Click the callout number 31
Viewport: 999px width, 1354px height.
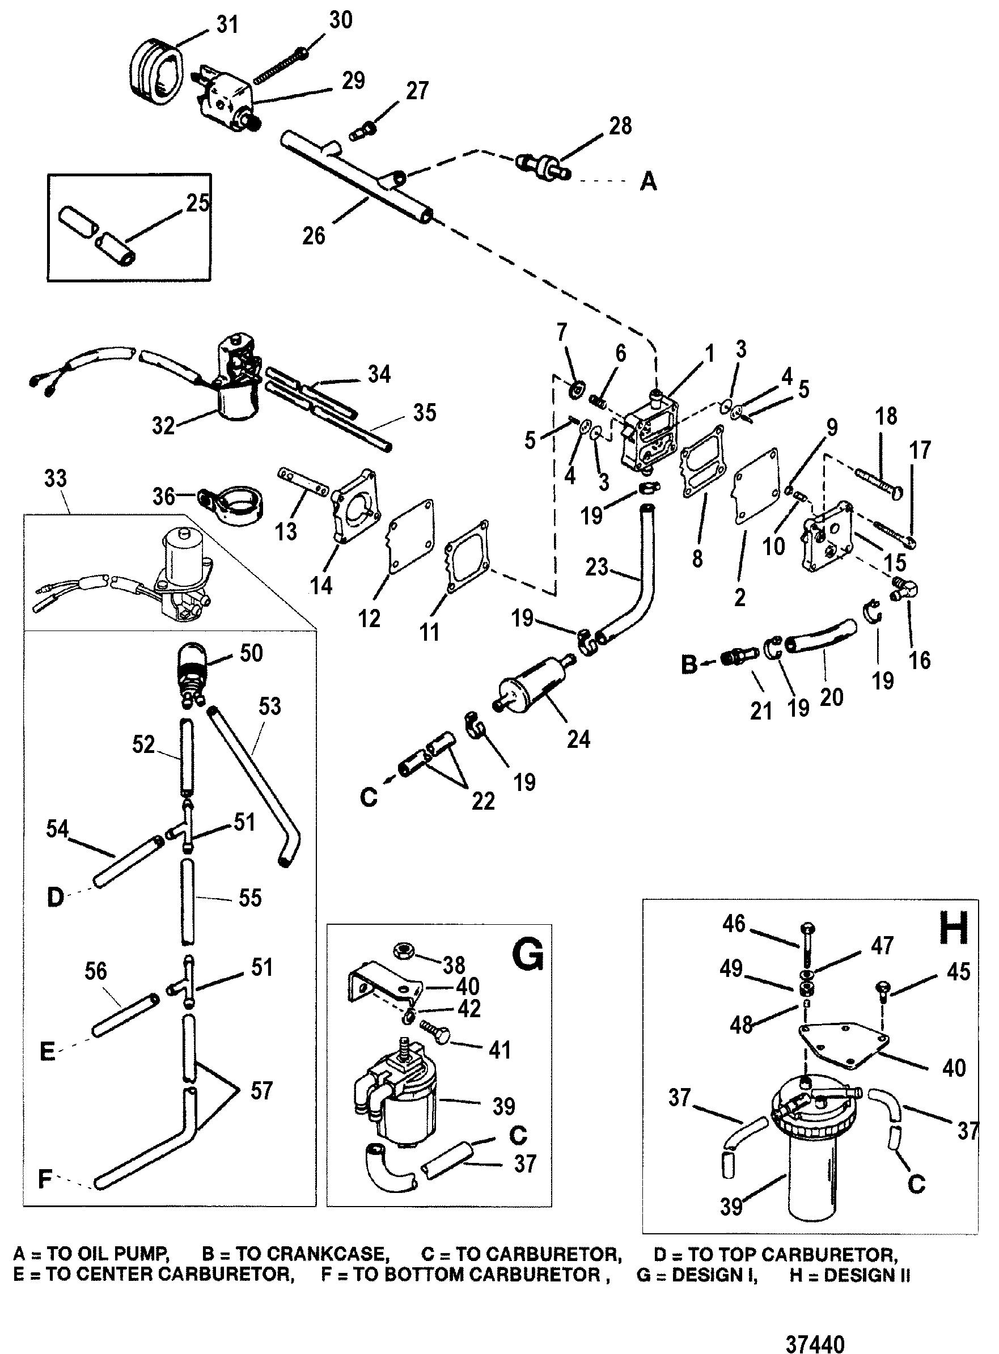tap(227, 26)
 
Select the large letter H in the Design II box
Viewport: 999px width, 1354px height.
tap(954, 928)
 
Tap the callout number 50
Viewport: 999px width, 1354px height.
tap(251, 653)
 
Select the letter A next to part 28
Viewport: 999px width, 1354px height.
tap(647, 180)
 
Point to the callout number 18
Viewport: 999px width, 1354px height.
tap(887, 416)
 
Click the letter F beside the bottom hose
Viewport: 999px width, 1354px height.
tap(45, 1179)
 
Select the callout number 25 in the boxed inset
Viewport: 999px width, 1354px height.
tap(198, 202)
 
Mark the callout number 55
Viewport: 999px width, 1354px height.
tap(249, 898)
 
